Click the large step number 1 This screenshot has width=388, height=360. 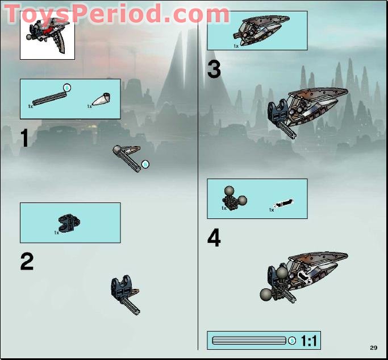point(24,138)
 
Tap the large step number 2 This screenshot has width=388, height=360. point(26,261)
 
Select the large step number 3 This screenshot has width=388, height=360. point(214,70)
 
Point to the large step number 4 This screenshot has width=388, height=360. point(214,238)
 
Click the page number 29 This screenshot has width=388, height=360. point(373,347)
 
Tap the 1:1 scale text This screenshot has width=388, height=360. point(310,341)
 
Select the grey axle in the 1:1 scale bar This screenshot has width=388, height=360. point(248,341)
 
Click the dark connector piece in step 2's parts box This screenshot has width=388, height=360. point(69,222)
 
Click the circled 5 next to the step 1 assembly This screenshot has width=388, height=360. point(145,164)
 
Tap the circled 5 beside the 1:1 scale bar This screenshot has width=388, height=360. point(292,341)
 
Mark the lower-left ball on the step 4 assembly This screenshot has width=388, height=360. point(265,294)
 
